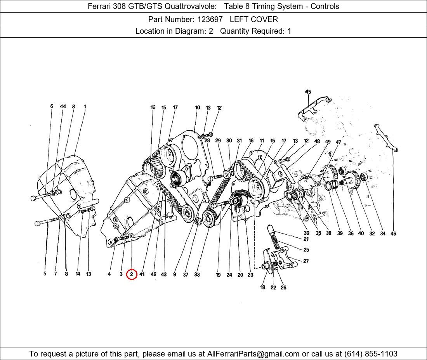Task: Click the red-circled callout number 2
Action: pyautogui.click(x=132, y=274)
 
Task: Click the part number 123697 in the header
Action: pyautogui.click(x=210, y=19)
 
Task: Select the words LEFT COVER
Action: pyautogui.click(x=254, y=19)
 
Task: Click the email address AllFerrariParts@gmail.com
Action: pyautogui.click(x=253, y=354)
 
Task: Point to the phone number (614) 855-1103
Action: pyautogui.click(x=371, y=354)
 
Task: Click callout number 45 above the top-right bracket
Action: pyautogui.click(x=308, y=92)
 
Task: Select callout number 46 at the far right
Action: pyautogui.click(x=393, y=234)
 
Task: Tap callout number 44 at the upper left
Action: pyautogui.click(x=63, y=106)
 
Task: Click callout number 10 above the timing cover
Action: pyautogui.click(x=198, y=107)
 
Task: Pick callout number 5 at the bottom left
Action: pyautogui.click(x=45, y=274)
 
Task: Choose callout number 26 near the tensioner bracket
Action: pyautogui.click(x=283, y=287)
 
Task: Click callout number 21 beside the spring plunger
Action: pyautogui.click(x=306, y=239)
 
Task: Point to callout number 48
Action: pyautogui.click(x=317, y=142)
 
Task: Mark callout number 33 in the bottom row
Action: pyautogui.click(x=197, y=275)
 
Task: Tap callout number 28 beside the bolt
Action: pyautogui.click(x=207, y=140)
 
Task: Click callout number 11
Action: pyautogui.click(x=262, y=141)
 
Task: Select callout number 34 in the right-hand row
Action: pyautogui.click(x=383, y=234)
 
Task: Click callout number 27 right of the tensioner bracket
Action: pyautogui.click(x=306, y=261)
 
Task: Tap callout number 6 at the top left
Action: pyautogui.click(x=52, y=106)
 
